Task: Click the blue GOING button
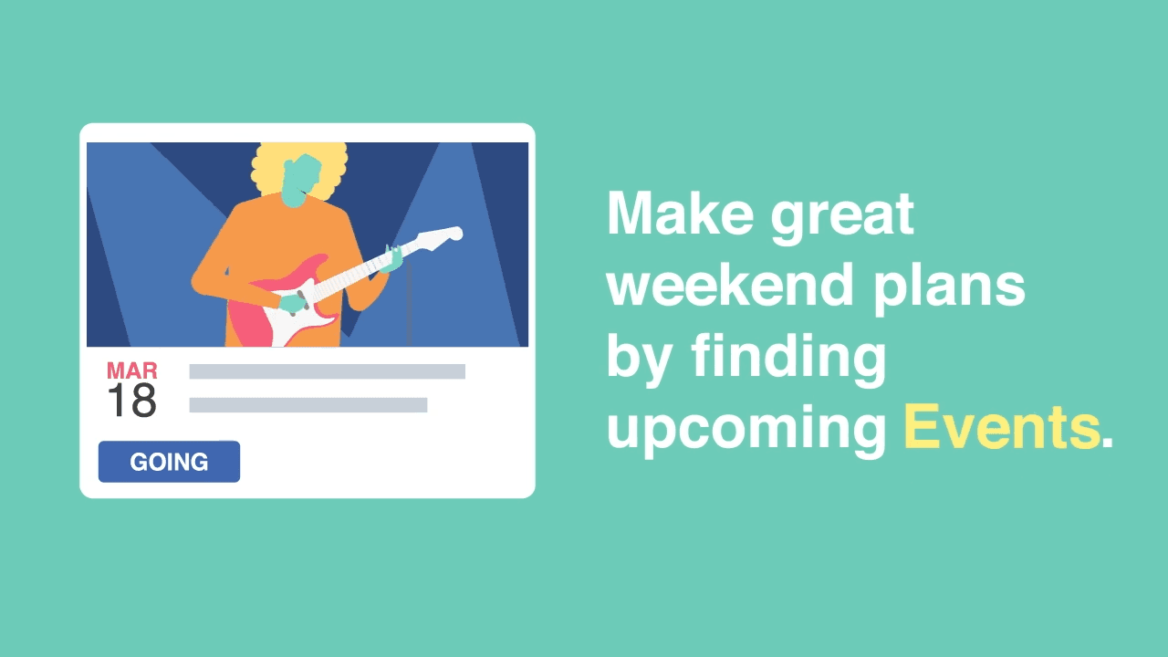pyautogui.click(x=169, y=462)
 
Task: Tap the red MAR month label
pyautogui.click(x=132, y=370)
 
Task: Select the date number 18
pyautogui.click(x=132, y=401)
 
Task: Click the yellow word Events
pyautogui.click(x=1002, y=428)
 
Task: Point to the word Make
pyautogui.click(x=681, y=214)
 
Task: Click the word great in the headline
pyautogui.click(x=842, y=218)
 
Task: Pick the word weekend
pyautogui.click(x=730, y=285)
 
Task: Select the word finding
pyautogui.click(x=789, y=359)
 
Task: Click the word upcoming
pyautogui.click(x=746, y=431)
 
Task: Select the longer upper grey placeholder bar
pyautogui.click(x=327, y=371)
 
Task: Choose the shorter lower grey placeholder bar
pyautogui.click(x=308, y=404)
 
